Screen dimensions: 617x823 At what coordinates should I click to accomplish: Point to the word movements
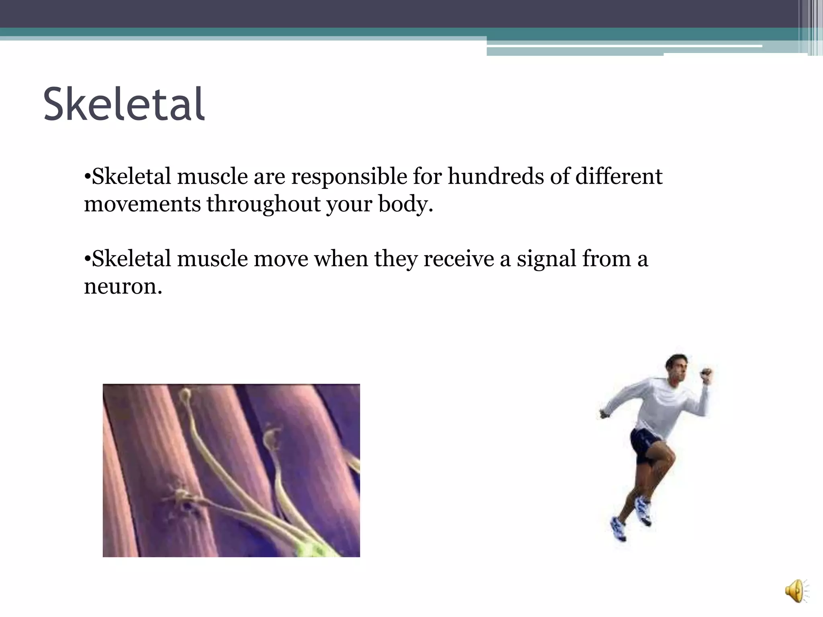tap(142, 204)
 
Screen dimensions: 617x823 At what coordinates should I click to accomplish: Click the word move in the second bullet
tap(280, 259)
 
